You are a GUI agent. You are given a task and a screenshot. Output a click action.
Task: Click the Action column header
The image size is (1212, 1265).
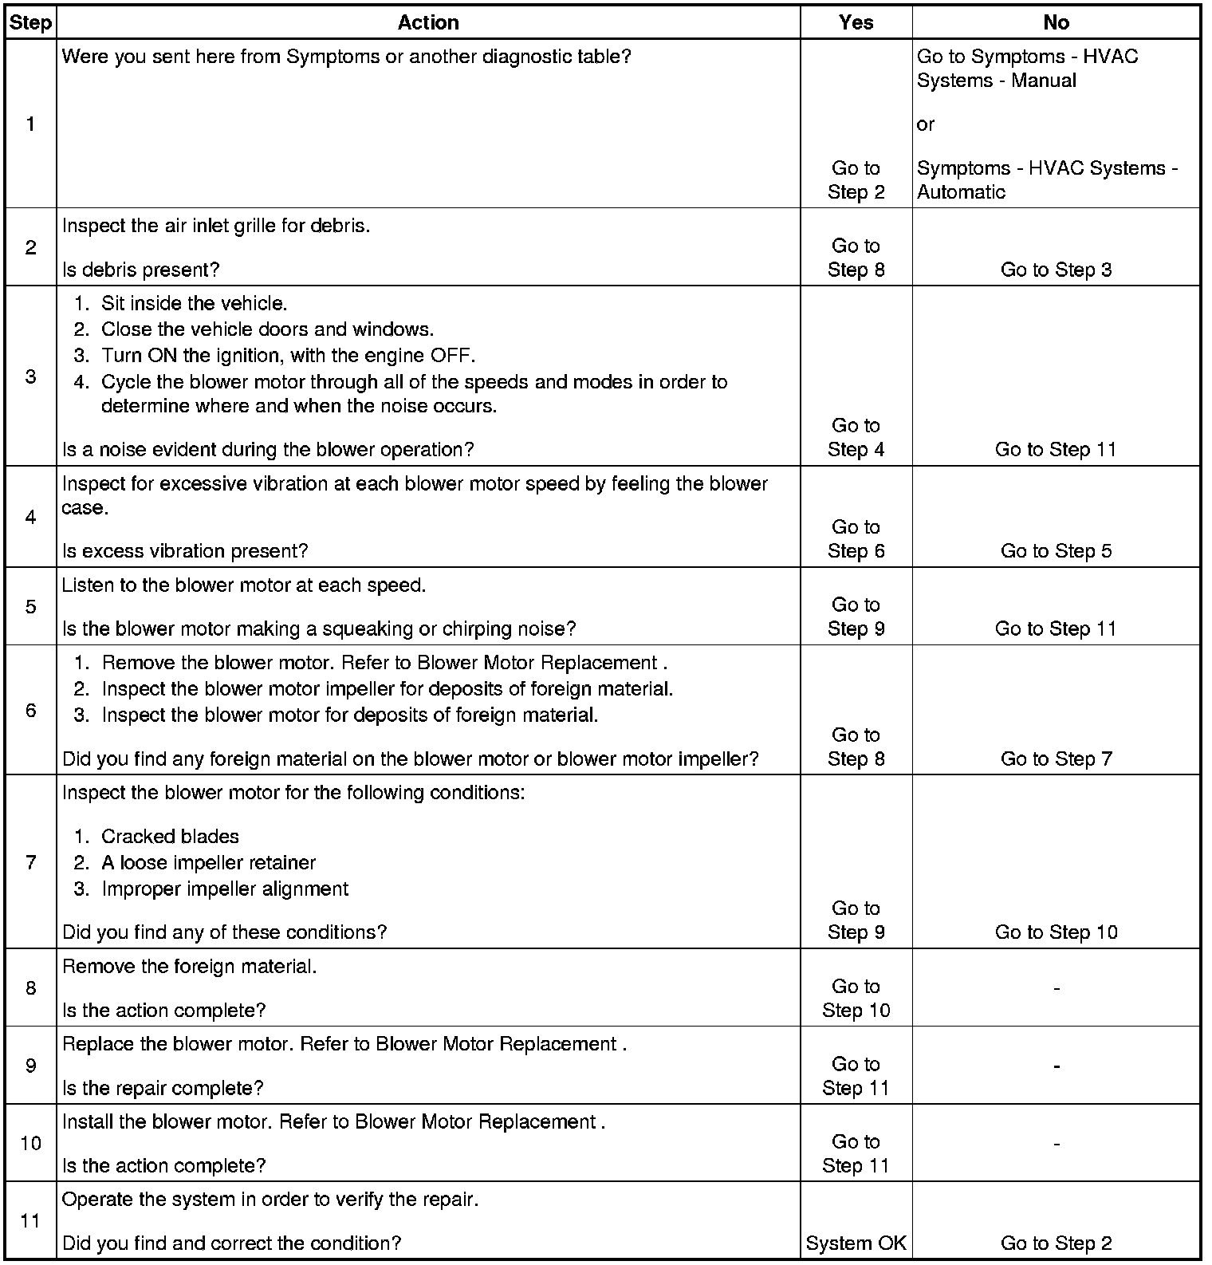coord(428,22)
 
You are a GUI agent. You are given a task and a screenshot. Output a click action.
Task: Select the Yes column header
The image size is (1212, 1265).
coord(856,22)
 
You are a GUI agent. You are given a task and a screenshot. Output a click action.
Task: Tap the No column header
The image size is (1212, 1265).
coord(1056,22)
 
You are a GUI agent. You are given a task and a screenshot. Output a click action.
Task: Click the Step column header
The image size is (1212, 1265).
coord(30,22)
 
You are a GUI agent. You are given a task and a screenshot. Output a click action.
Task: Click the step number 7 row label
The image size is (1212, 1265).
coord(30,862)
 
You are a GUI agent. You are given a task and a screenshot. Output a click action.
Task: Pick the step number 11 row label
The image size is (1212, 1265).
coord(30,1221)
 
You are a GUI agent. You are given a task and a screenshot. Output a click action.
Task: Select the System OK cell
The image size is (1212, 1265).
coord(856,1243)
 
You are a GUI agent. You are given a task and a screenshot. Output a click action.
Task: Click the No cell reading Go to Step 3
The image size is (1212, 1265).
coord(1056,270)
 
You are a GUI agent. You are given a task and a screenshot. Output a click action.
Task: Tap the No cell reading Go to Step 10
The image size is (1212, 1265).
coord(1056,932)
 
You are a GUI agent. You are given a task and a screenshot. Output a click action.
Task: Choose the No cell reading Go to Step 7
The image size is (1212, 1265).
coord(1056,759)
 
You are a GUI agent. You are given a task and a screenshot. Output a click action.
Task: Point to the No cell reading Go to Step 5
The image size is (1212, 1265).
coord(1056,550)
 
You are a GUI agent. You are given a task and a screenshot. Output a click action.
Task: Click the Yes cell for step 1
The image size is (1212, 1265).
coord(856,180)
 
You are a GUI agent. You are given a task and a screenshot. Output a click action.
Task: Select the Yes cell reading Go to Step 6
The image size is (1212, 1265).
coord(856,539)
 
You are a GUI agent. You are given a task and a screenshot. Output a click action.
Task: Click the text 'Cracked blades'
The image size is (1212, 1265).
coord(170,836)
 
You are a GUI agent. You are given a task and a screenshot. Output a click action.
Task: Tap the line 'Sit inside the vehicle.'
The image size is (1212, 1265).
coord(194,303)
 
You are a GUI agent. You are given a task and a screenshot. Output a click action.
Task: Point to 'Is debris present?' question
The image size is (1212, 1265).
coord(140,270)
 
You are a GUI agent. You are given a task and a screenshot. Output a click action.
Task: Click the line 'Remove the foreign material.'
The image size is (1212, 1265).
coord(189,967)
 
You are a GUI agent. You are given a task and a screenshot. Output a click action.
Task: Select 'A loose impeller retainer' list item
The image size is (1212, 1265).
coord(208,862)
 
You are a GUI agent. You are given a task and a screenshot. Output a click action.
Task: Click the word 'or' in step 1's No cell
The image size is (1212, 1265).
coord(925,124)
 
